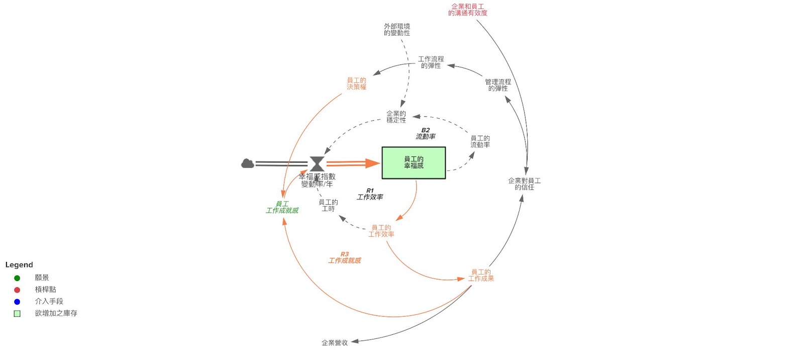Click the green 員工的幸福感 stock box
[x=414, y=162]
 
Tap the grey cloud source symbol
[x=247, y=163]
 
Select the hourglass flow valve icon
[x=317, y=163]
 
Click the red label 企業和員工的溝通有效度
[x=467, y=10]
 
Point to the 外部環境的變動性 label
[x=396, y=30]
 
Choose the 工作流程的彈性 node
[x=431, y=62]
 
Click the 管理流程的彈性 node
[x=497, y=85]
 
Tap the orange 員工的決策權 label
[x=356, y=83]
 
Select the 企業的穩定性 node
[x=396, y=117]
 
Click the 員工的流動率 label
[x=480, y=141]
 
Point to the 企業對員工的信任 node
[x=524, y=184]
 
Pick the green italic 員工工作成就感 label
[x=282, y=207]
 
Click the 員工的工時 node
[x=328, y=206]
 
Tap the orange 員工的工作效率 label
[x=381, y=231]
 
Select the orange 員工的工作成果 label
[x=481, y=275]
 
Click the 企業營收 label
[x=334, y=343]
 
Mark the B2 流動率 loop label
[x=425, y=133]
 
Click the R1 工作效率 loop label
[x=370, y=194]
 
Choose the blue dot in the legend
[x=17, y=302]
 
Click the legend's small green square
[x=17, y=313]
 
